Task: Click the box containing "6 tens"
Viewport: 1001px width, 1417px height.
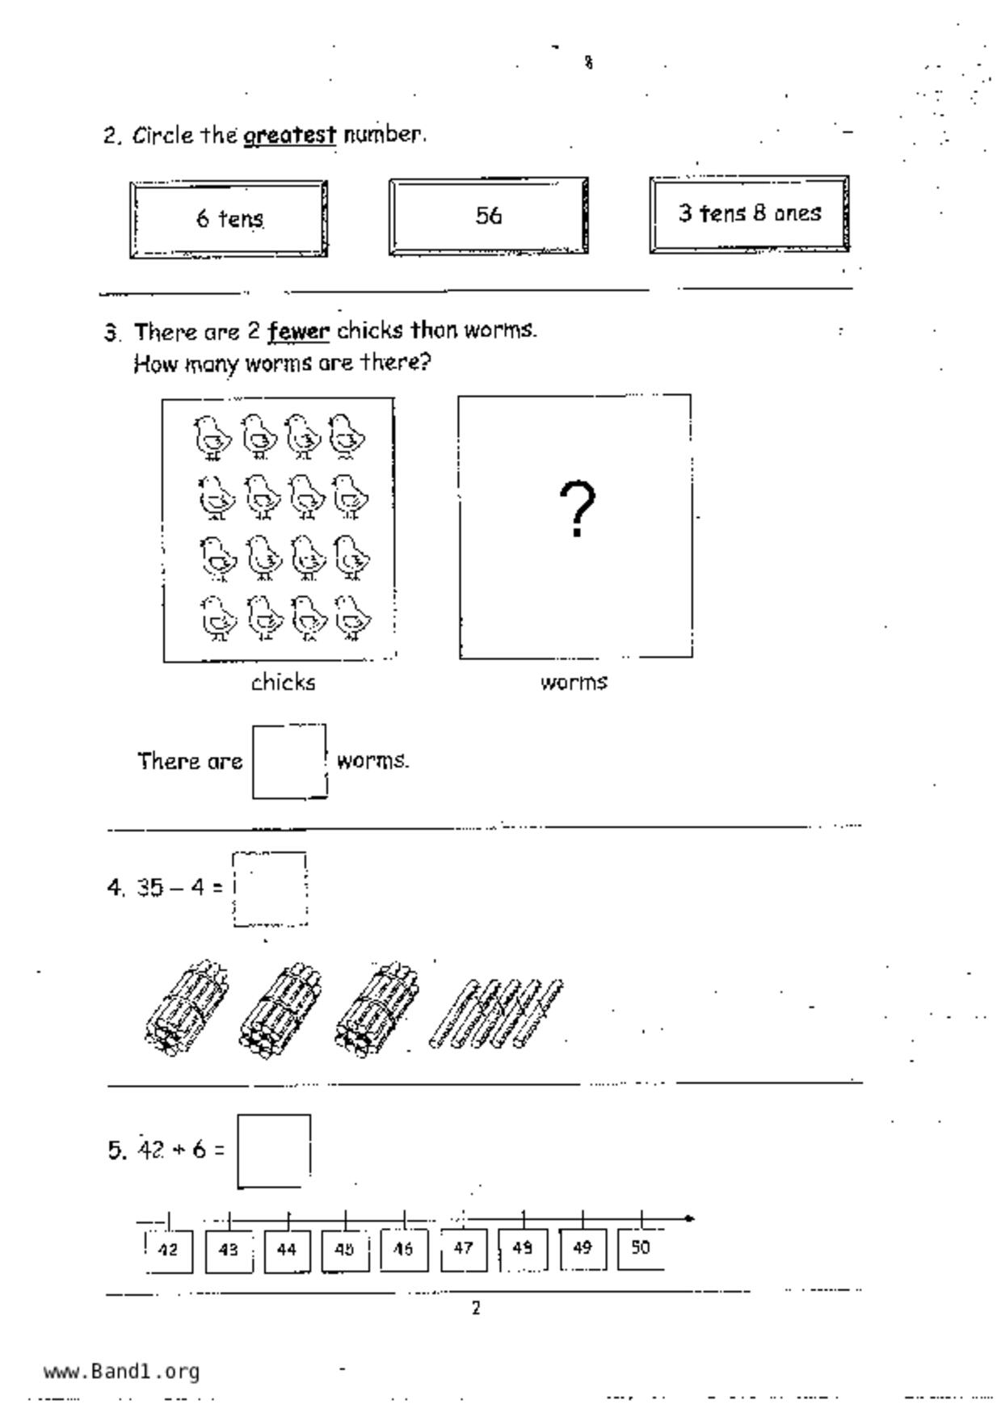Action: coord(229,219)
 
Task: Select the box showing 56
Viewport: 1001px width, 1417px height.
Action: coord(488,216)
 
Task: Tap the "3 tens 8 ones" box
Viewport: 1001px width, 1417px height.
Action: coord(749,214)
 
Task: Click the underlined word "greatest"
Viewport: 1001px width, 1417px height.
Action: coord(290,135)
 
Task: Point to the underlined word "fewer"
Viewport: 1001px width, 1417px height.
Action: coord(299,331)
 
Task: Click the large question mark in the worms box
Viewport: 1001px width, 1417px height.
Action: coord(577,509)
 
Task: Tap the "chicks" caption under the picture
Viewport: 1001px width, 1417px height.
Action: coord(283,683)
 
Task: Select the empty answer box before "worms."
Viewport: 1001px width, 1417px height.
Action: coord(289,761)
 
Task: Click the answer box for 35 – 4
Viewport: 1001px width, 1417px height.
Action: coord(270,889)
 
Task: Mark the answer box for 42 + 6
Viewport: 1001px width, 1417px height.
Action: coord(274,1151)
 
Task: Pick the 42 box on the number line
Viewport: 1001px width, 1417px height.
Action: coord(168,1250)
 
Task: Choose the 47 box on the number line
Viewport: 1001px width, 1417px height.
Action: coord(464,1249)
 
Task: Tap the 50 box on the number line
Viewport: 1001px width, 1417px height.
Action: coord(641,1248)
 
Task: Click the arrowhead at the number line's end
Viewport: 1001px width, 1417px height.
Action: coord(688,1218)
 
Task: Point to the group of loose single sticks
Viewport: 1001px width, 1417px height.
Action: coord(497,1014)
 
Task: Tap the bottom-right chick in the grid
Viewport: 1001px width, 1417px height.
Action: coord(352,618)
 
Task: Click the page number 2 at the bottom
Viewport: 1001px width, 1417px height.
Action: coord(476,1308)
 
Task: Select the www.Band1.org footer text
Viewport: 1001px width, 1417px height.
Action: coord(121,1372)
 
